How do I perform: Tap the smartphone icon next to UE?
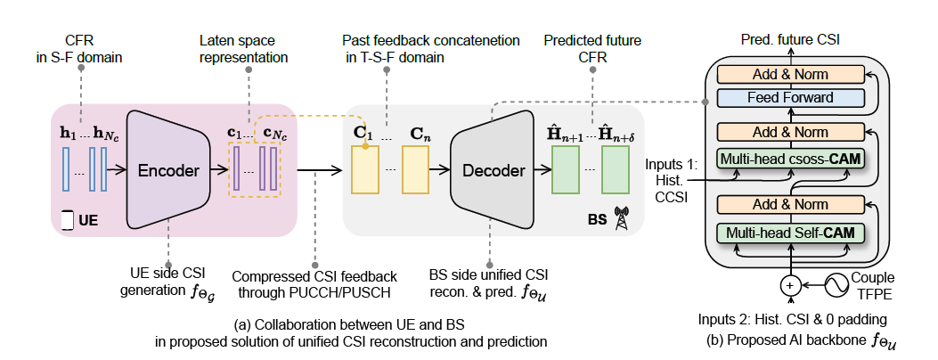pyautogui.click(x=67, y=217)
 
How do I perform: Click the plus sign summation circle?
pyautogui.click(x=790, y=286)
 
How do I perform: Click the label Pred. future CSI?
pyautogui.click(x=789, y=40)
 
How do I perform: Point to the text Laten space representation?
pyautogui.click(x=244, y=50)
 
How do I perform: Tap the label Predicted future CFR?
pyautogui.click(x=592, y=50)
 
